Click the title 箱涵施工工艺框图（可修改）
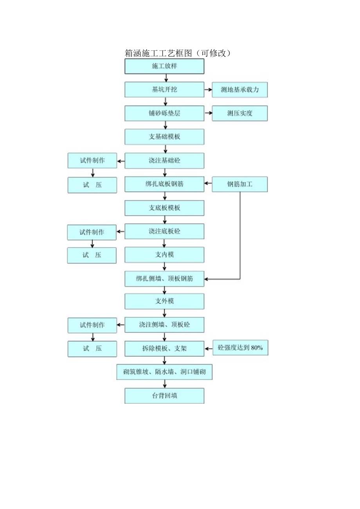(178, 53)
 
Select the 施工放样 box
(164, 66)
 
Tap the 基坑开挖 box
(164, 90)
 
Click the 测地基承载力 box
(240, 90)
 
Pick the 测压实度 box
(240, 113)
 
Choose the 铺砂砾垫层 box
(164, 113)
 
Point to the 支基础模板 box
(164, 137)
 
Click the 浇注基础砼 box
(164, 161)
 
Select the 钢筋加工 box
(240, 184)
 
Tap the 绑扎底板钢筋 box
(164, 184)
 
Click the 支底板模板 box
(164, 208)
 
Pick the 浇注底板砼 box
(164, 231)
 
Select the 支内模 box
(164, 255)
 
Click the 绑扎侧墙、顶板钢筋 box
(164, 279)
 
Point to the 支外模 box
(164, 301)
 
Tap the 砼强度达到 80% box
(240, 347)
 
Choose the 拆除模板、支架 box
(164, 348)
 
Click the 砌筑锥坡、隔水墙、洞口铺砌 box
(164, 372)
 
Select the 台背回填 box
(164, 396)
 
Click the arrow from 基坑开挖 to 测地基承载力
(208, 90)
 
